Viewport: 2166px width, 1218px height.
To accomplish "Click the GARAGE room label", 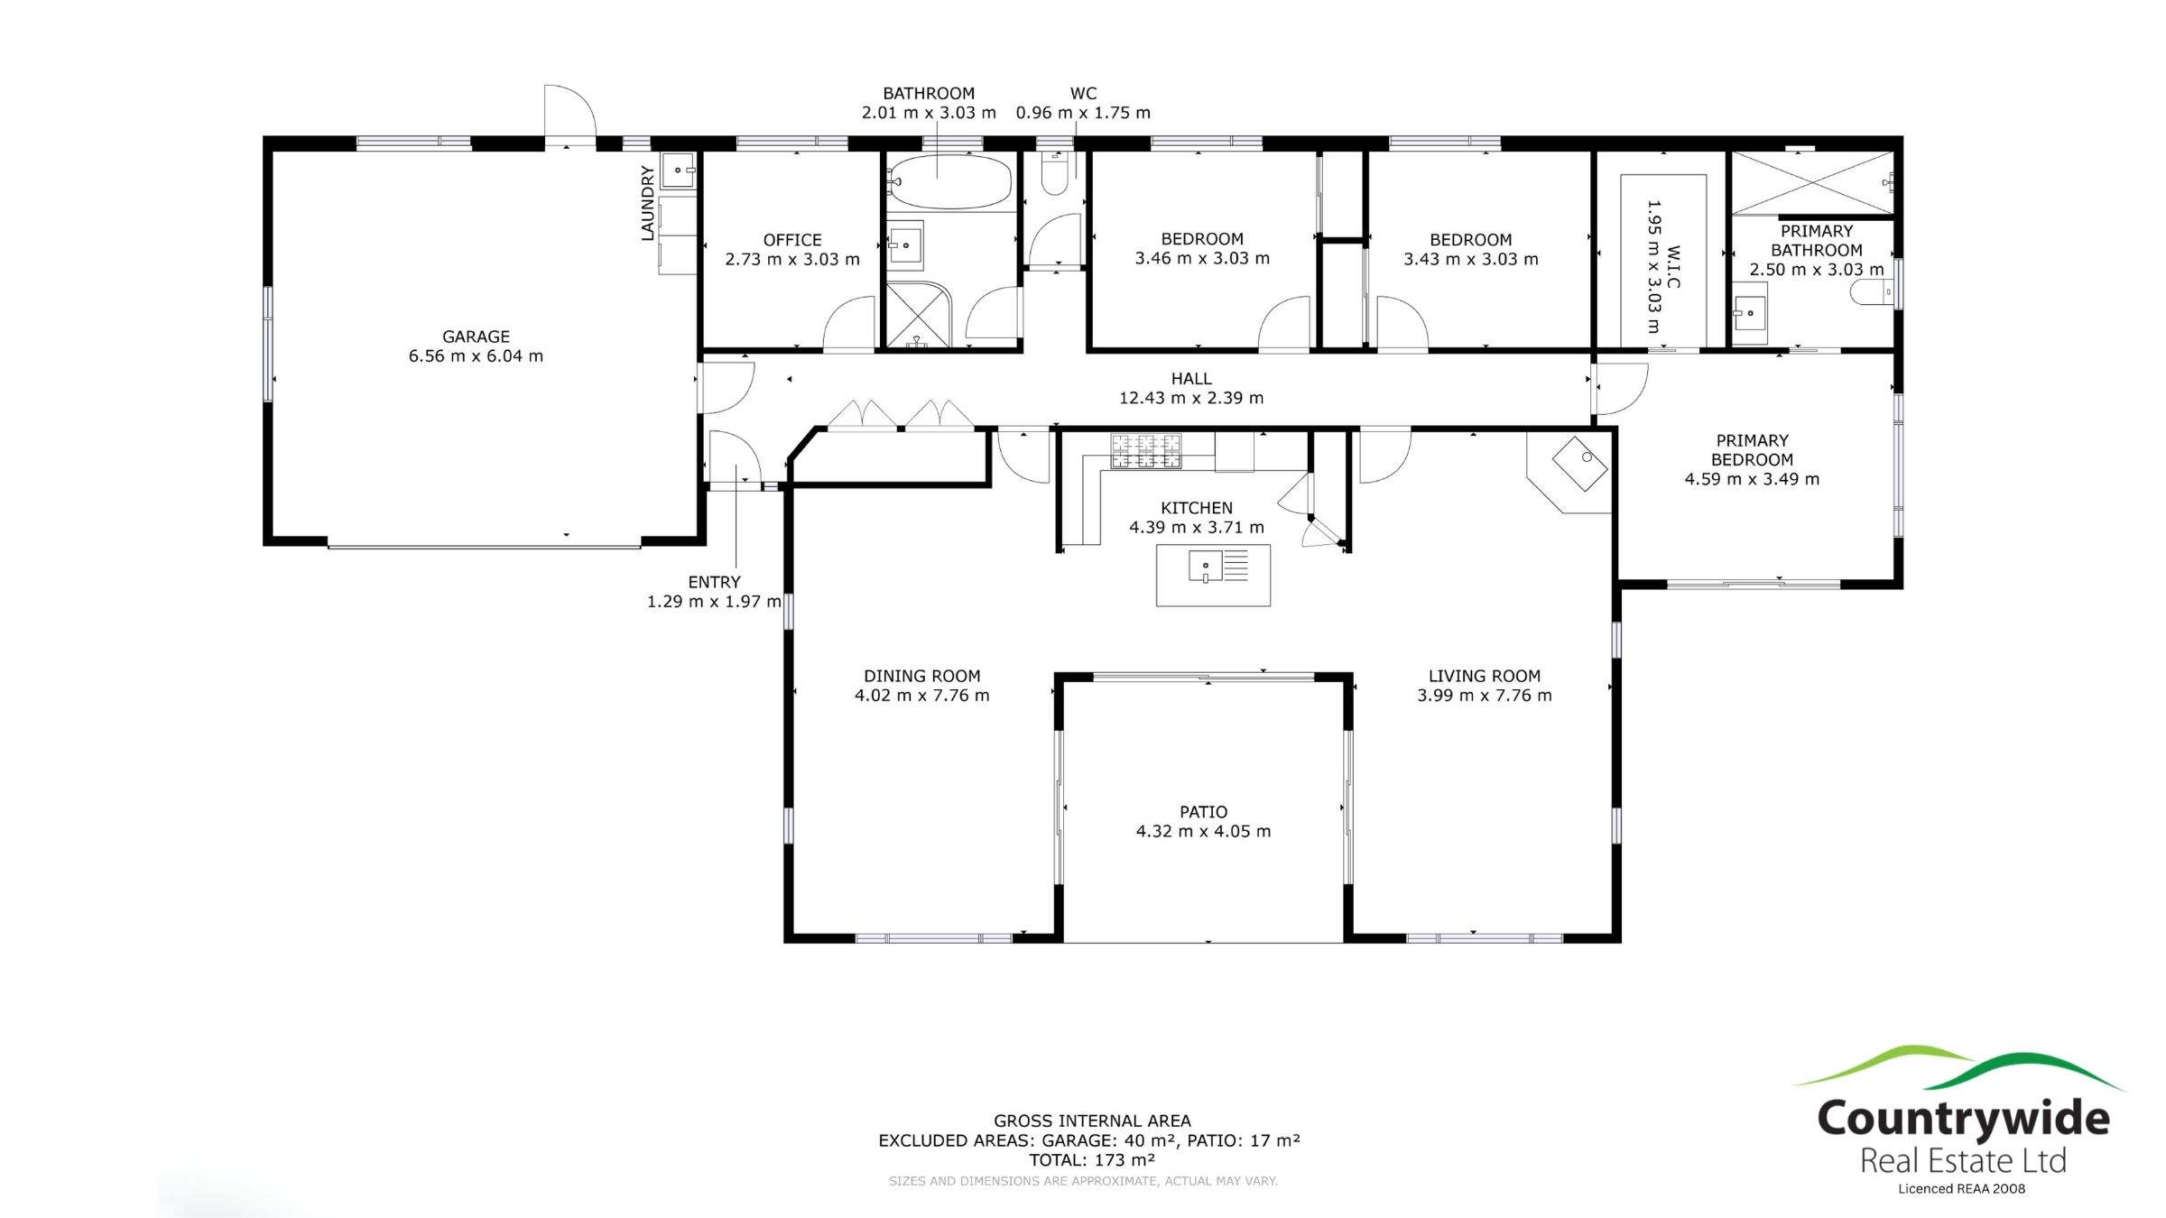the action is coord(476,337).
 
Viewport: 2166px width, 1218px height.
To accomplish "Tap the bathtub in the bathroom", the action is coord(950,181).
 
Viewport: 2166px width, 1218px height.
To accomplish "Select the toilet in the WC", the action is coord(1054,172).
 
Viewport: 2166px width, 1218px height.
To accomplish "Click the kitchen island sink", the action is coord(1206,567).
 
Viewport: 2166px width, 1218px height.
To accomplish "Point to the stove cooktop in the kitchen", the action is coord(1145,451).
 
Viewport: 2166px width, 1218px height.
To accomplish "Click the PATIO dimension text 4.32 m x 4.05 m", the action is coord(1203,831).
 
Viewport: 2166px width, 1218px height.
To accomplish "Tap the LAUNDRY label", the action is coord(647,203).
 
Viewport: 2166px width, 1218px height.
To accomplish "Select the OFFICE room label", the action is coord(792,240).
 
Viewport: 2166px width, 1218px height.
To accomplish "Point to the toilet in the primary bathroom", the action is coord(1871,292).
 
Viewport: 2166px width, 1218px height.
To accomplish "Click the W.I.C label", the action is coord(1673,267).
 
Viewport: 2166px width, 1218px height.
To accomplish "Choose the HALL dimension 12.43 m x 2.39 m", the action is coord(1191,398).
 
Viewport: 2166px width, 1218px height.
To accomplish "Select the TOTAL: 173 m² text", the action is coord(1092,1159).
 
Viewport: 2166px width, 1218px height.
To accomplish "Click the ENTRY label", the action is coord(714,582).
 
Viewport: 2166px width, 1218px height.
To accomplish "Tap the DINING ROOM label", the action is coord(921,676).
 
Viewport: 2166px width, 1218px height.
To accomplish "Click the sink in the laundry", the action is coord(678,171).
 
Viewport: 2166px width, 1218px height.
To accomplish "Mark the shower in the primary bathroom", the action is coord(1812,183).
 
